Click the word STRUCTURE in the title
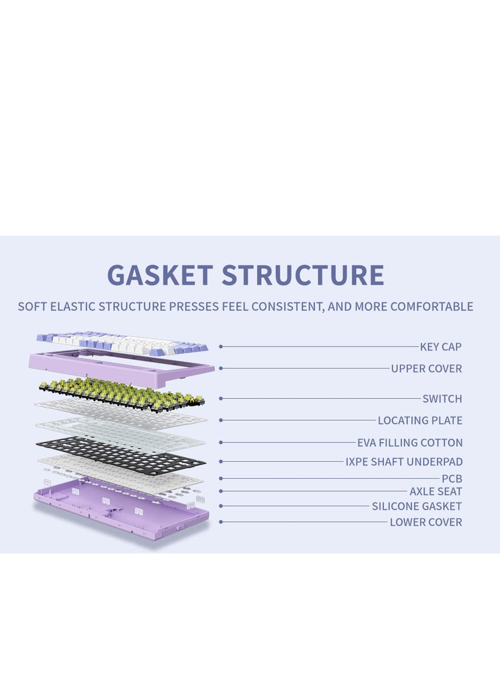(x=302, y=275)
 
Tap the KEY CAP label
(x=441, y=346)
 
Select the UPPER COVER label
(x=426, y=368)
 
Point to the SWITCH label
(x=442, y=398)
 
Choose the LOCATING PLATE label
(x=419, y=420)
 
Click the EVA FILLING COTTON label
(x=409, y=443)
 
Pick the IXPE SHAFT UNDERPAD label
(x=404, y=462)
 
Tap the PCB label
(x=452, y=479)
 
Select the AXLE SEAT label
(x=436, y=491)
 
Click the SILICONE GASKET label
(x=416, y=506)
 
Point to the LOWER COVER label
(x=426, y=522)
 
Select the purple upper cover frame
(x=122, y=365)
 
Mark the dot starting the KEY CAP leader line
(x=221, y=346)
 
